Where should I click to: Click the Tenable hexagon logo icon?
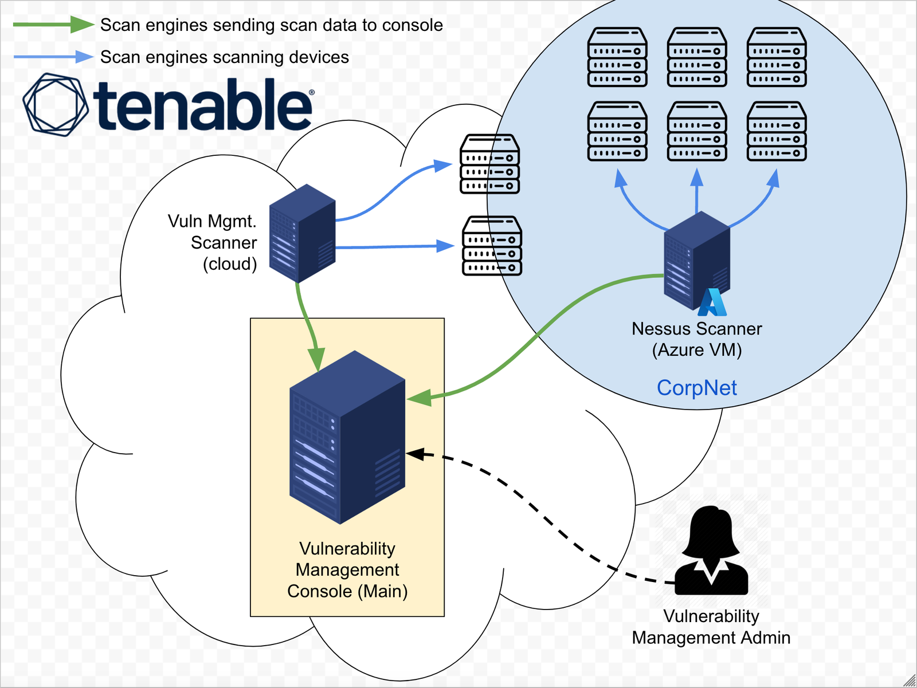click(x=56, y=104)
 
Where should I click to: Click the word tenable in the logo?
click(x=203, y=105)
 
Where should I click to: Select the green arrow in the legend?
click(x=53, y=24)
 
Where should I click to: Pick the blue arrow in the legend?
click(x=53, y=56)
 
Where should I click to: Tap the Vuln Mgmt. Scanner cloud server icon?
click(x=302, y=233)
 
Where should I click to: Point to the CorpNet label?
click(x=696, y=388)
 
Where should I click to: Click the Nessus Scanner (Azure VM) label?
click(x=696, y=339)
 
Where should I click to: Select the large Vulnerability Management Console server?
click(x=347, y=437)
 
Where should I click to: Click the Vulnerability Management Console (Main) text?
click(x=347, y=570)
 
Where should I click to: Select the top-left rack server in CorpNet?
click(x=617, y=57)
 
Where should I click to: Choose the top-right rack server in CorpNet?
click(x=777, y=57)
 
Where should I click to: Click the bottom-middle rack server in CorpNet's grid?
click(x=697, y=131)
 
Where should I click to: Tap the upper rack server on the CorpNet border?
click(x=489, y=164)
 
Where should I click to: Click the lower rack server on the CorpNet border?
click(x=492, y=246)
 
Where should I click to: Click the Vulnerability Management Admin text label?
click(x=711, y=627)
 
